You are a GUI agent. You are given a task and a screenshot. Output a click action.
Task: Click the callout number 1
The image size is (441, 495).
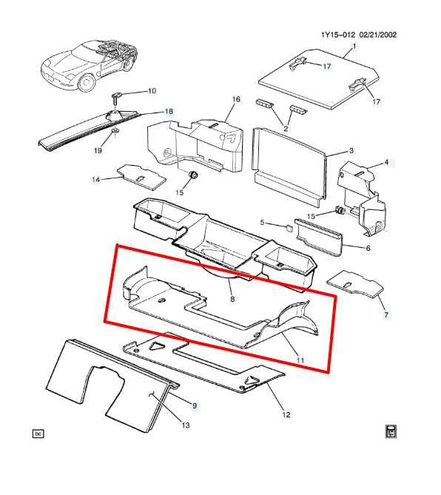click(354, 46)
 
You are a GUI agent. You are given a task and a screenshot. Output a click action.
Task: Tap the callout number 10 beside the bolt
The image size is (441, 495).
click(152, 92)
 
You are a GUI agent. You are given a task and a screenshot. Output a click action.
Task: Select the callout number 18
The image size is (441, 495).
click(169, 112)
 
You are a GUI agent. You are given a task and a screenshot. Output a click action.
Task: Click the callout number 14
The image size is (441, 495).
click(95, 179)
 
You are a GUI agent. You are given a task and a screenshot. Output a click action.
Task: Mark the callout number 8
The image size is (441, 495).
click(232, 299)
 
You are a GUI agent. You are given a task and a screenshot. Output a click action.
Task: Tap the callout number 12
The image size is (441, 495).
click(286, 414)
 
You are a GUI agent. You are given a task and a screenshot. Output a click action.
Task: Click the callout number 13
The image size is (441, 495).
click(186, 425)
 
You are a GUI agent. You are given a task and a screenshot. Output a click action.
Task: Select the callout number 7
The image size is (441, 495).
click(385, 316)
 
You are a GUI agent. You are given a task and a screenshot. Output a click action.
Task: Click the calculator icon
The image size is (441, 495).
click(391, 432)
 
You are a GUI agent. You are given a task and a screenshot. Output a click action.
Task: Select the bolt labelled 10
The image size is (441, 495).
click(118, 96)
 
